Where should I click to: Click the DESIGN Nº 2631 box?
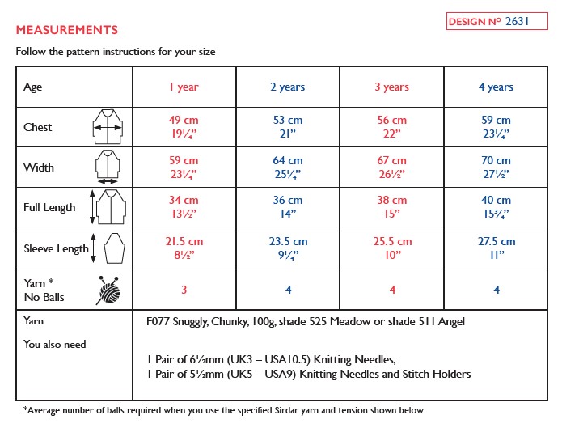(494, 22)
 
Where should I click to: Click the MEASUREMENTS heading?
(67, 30)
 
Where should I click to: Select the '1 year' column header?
(184, 87)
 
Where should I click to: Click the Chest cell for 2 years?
(288, 127)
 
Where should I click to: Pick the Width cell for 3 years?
(392, 167)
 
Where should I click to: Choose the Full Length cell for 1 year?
(184, 208)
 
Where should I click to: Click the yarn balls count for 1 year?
(184, 290)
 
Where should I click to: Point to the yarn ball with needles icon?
(111, 290)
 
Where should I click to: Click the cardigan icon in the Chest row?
(108, 127)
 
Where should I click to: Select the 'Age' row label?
(33, 87)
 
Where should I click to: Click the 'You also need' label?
(55, 344)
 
